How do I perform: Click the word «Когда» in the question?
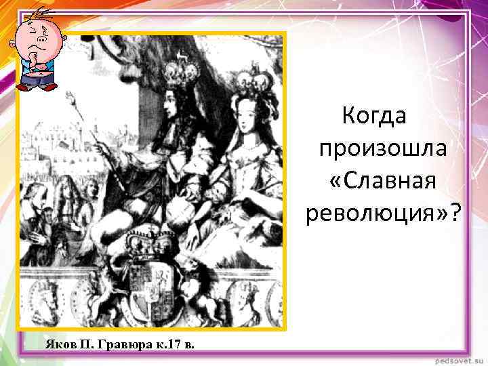(373, 115)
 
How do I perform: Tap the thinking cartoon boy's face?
(34, 42)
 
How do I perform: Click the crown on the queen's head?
(260, 83)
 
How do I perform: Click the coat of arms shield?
(151, 285)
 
